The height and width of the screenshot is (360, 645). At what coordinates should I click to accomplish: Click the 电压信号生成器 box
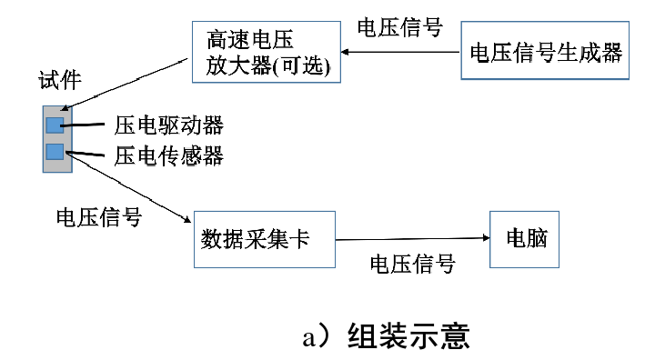coord(544,53)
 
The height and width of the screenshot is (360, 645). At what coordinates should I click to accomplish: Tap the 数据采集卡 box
coord(264,239)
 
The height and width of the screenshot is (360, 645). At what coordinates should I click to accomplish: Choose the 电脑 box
coord(524,239)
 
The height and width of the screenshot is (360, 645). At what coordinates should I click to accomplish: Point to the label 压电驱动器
coord(169,125)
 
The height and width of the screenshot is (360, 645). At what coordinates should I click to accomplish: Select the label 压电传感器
coord(169,155)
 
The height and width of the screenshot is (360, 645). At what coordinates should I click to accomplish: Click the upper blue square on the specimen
coord(55,125)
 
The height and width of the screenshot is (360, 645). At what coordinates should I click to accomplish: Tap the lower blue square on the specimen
coord(55,151)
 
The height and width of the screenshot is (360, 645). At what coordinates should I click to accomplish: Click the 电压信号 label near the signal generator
coord(399,27)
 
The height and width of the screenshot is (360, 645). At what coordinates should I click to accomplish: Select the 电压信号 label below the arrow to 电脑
coord(411,265)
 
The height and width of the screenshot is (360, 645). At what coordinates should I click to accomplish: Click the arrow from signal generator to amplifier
coord(401,53)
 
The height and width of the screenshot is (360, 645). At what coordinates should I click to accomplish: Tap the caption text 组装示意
coord(408,335)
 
